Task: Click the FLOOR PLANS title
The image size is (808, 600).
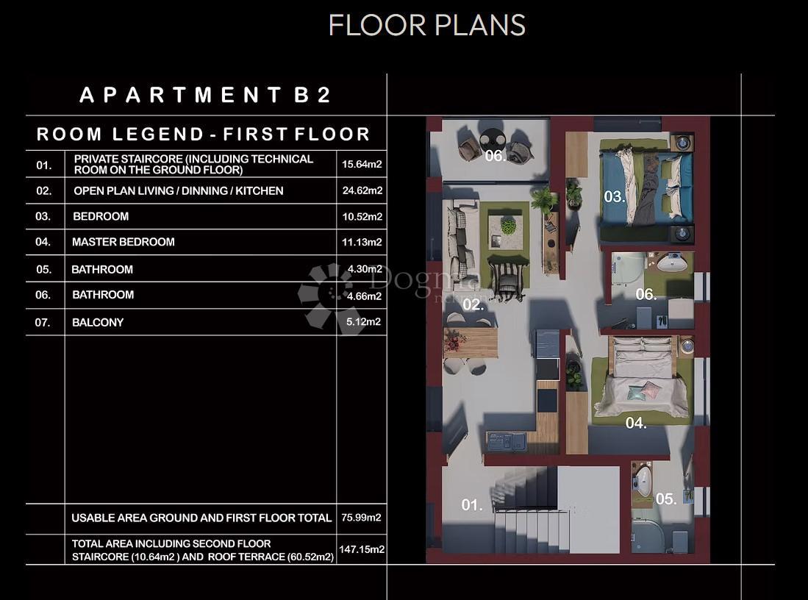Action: click(x=426, y=25)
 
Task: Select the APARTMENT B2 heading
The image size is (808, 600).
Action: click(x=205, y=95)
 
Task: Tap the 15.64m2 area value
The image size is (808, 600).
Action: click(x=362, y=165)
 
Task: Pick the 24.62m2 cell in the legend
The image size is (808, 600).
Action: click(x=362, y=190)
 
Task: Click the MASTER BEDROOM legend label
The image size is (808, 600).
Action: click(x=124, y=242)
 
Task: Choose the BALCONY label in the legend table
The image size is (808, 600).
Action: click(x=98, y=323)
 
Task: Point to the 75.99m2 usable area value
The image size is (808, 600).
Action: click(x=361, y=518)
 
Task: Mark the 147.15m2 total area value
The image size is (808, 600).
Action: click(x=362, y=549)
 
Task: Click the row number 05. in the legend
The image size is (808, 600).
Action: click(x=44, y=270)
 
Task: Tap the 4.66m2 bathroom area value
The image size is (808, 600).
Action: click(x=365, y=296)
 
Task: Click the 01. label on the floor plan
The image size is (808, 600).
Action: click(x=472, y=504)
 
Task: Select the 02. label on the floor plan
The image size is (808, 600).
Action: click(x=473, y=304)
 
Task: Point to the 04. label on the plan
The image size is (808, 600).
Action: click(x=636, y=424)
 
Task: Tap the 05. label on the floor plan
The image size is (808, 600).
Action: click(x=666, y=499)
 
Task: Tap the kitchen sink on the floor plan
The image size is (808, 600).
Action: click(x=507, y=442)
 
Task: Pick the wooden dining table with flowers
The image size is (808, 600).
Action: click(x=471, y=343)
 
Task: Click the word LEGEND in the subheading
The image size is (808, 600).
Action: click(x=158, y=135)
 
